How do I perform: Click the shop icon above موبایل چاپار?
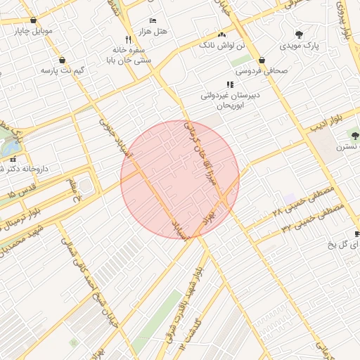tap(33, 20)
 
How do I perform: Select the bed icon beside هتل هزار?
tap(153, 21)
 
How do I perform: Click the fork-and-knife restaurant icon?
tap(127, 39)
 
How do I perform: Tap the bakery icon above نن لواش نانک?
tap(222, 34)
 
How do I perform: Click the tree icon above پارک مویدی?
tap(299, 34)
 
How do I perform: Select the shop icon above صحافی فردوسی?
tap(262, 60)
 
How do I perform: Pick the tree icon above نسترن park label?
tap(353, 135)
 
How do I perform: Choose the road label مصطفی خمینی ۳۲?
tap(312, 219)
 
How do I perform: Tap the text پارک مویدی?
tap(302, 46)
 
